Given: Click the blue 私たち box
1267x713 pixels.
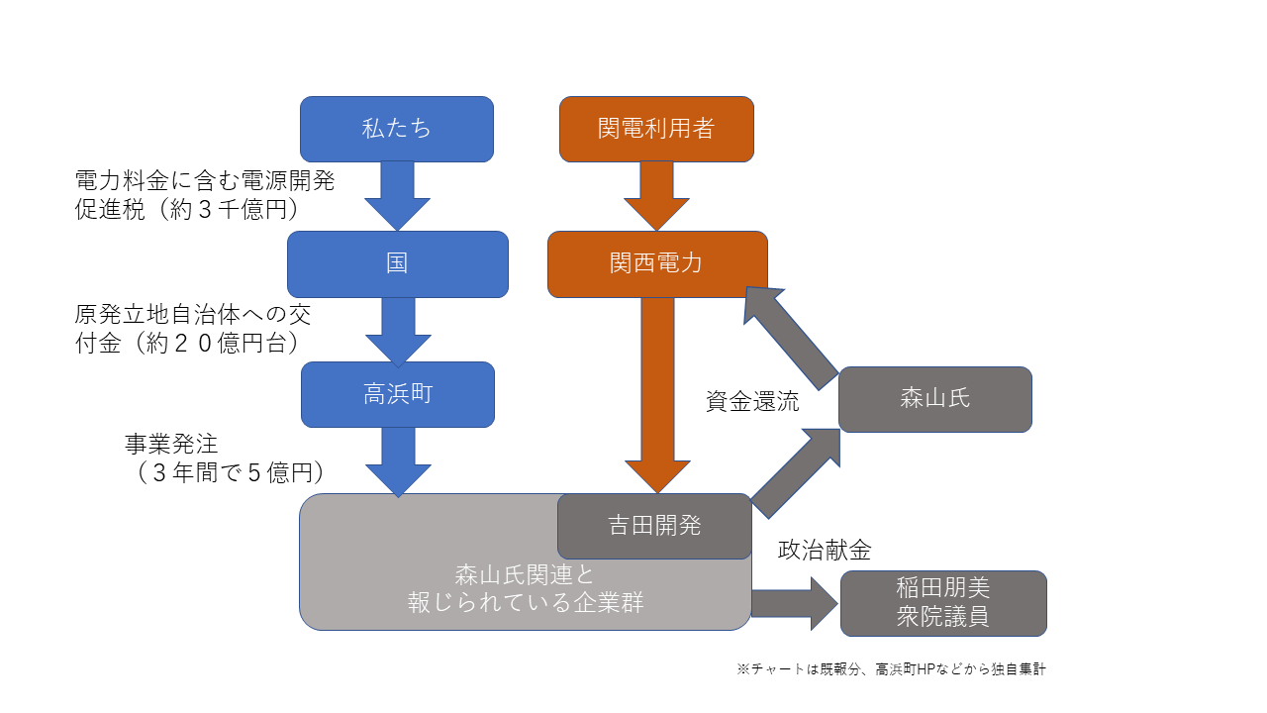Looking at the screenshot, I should click(396, 129).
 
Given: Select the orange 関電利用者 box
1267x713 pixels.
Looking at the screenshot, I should click(656, 129).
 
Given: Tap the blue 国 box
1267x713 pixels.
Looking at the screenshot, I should click(397, 263).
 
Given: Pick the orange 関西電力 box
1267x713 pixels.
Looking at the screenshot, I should click(656, 263).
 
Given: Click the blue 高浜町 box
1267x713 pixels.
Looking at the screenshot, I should click(397, 394).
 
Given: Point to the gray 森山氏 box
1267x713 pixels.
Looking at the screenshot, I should click(934, 399).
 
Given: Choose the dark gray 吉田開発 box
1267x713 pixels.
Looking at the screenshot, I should click(654, 526).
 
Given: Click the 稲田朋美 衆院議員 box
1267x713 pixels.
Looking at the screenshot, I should click(942, 603).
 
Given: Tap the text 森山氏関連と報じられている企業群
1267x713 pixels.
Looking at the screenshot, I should click(526, 588).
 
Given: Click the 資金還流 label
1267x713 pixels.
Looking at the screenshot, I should click(752, 401).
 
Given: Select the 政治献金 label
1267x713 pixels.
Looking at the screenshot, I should click(824, 551).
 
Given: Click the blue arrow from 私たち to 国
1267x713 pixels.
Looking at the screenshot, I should click(397, 195).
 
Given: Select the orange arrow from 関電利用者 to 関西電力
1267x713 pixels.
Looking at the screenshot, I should click(656, 195).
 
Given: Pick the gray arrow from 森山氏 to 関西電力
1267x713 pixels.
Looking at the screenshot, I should click(792, 335).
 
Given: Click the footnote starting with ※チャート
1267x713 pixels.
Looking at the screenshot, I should click(891, 669).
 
